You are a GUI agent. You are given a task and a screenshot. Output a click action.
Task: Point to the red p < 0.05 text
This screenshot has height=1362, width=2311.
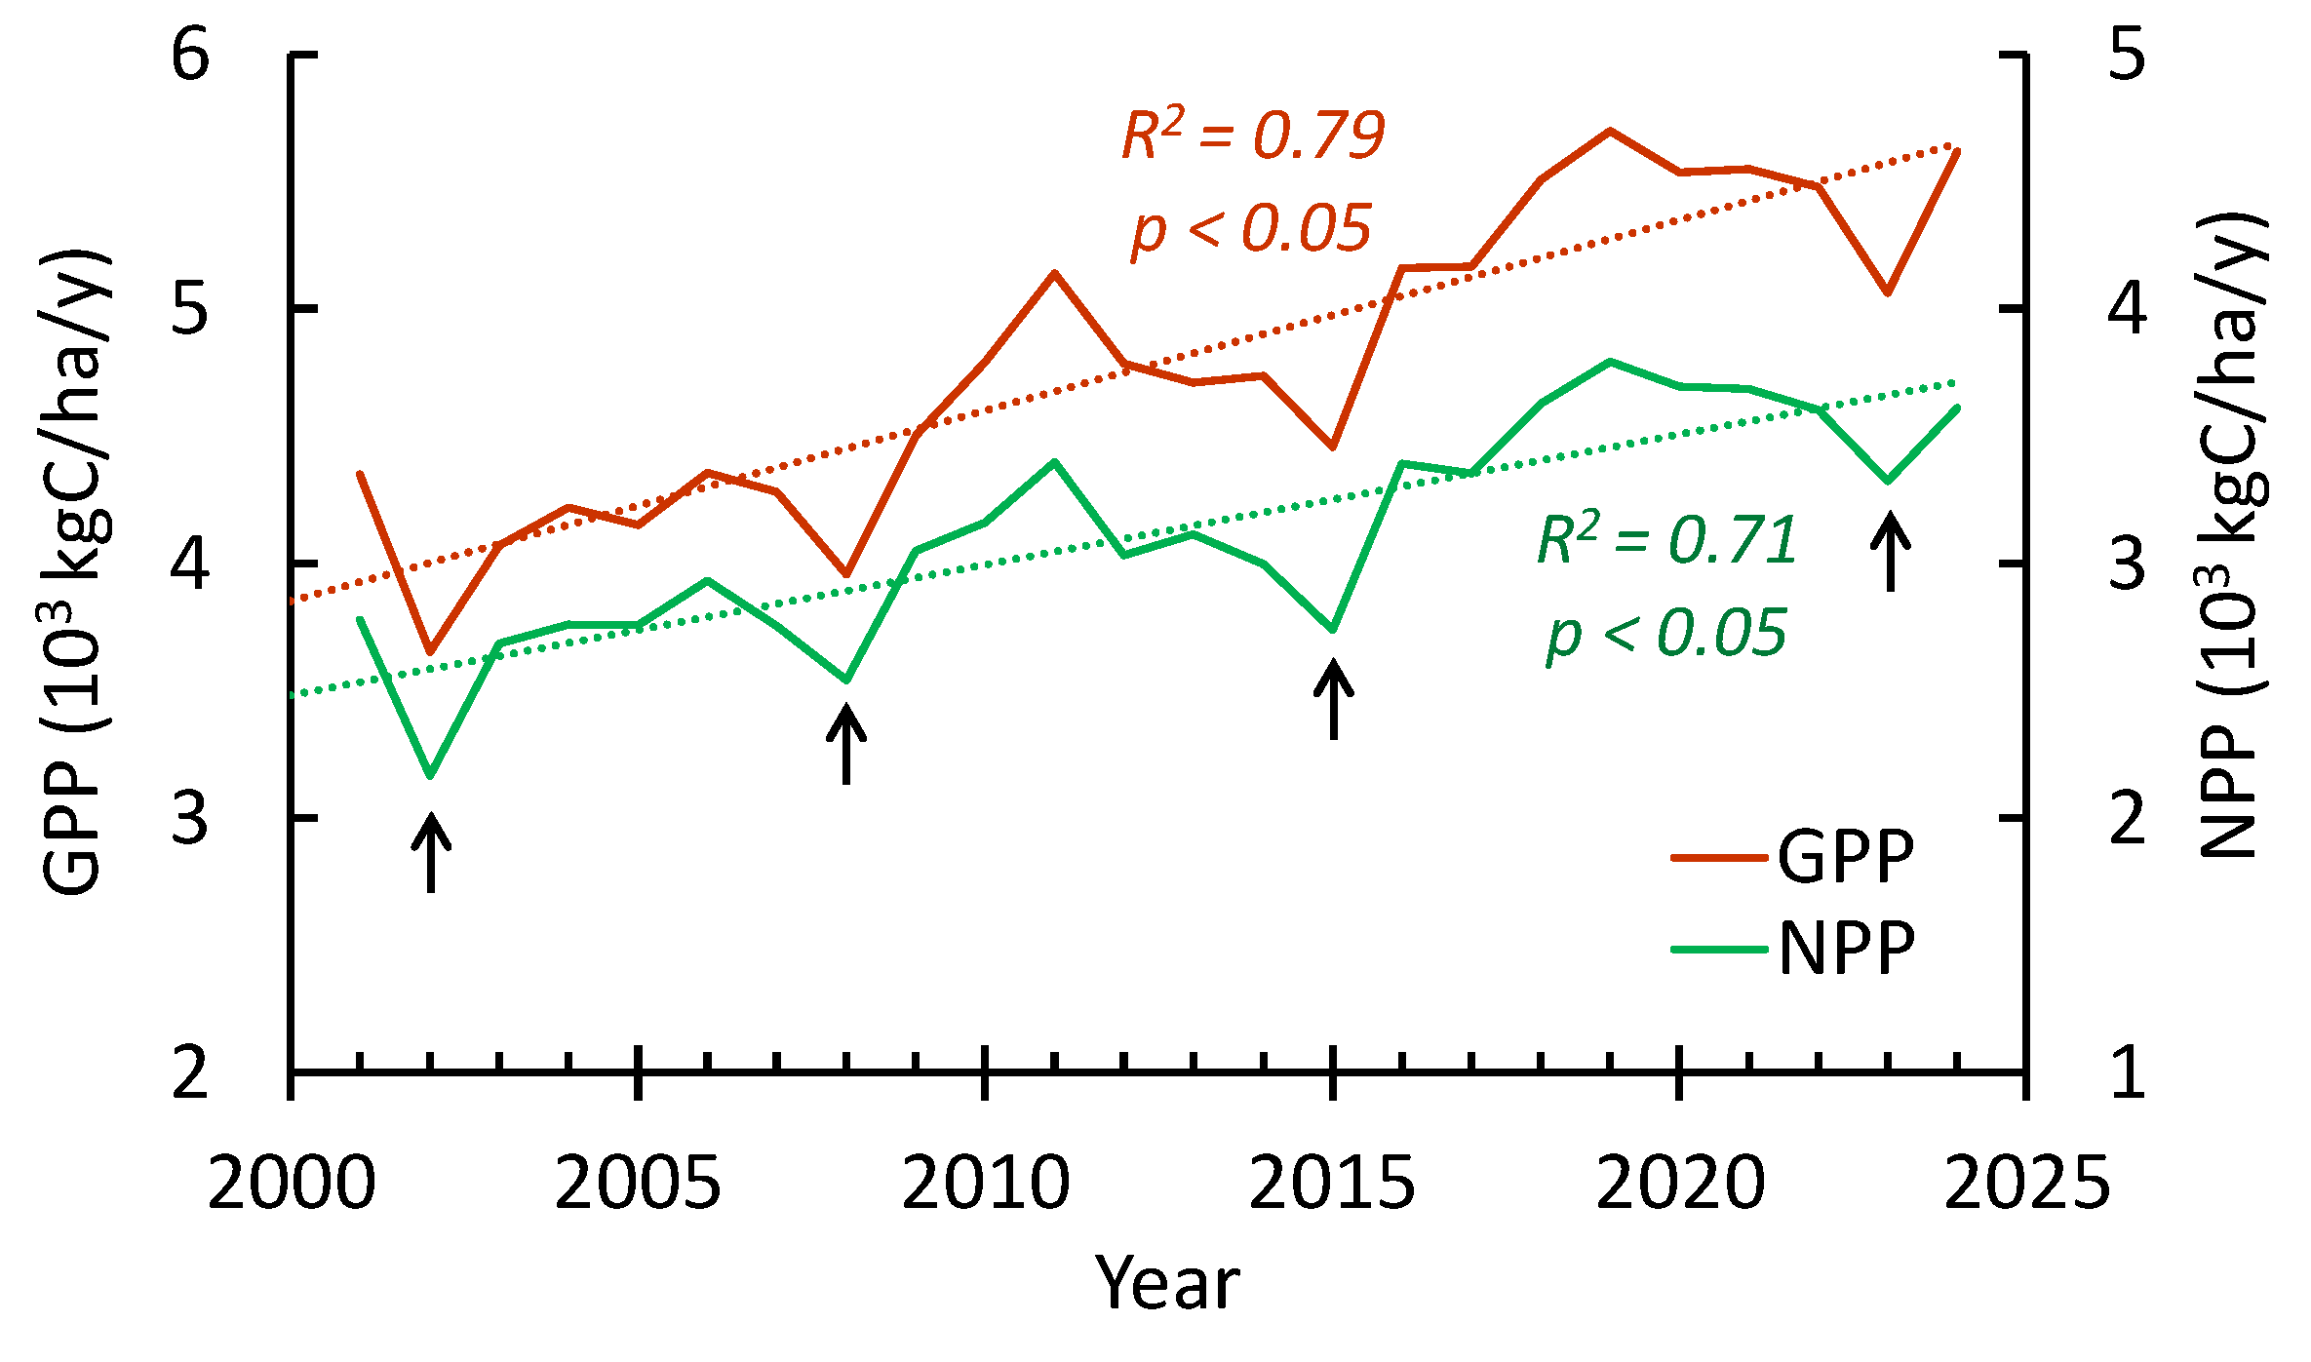coord(1251,230)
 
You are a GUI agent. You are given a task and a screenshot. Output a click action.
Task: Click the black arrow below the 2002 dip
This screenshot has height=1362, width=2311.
coord(431,853)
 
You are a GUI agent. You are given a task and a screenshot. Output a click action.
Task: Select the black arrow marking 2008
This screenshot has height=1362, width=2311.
coord(846,745)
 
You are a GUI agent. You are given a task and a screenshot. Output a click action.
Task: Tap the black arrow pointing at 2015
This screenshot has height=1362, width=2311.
coord(1333,699)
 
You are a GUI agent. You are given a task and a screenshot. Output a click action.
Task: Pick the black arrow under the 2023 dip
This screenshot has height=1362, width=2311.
coord(1890,552)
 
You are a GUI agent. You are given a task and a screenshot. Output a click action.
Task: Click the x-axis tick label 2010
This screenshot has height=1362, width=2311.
coord(985,1185)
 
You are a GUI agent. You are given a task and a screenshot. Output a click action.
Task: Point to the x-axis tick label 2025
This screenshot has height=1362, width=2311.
coord(2026,1185)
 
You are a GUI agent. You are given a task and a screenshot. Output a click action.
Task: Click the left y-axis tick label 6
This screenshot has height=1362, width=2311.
coord(190,54)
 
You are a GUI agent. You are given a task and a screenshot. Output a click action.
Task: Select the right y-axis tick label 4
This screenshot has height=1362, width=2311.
coord(2127,308)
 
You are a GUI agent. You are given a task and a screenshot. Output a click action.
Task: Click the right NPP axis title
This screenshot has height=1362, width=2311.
coord(2233,536)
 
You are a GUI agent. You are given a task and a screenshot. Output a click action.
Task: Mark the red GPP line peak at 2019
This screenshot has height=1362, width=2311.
coord(1610,131)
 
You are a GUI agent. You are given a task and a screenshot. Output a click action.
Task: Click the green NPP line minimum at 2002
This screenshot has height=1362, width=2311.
coord(430,775)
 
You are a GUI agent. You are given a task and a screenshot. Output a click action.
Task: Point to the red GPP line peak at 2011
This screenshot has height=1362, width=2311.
coord(1054,273)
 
